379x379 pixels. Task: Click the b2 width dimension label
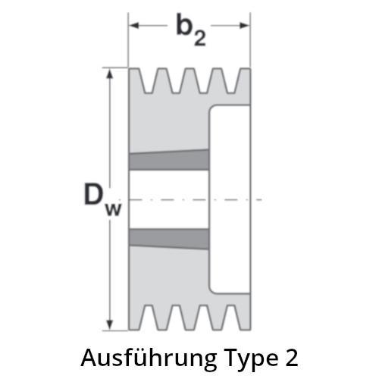coord(191,30)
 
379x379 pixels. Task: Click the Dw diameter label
coord(103,199)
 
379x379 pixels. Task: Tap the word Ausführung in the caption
coord(149,359)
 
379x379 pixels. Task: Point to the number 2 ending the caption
coord(292,358)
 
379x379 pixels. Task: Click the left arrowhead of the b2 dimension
coord(134,25)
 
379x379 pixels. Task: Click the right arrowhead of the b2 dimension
coord(244,25)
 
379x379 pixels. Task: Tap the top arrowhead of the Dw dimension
coord(109,74)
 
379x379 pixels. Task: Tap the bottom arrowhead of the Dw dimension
coord(109,325)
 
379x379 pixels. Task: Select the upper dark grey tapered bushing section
coord(169,160)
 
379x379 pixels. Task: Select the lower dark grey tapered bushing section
coord(169,239)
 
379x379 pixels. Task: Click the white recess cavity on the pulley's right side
coord(230,199)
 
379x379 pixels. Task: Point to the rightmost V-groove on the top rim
coord(231,81)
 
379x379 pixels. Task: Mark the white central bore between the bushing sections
coord(169,199)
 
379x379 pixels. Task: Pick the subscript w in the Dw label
coord(114,209)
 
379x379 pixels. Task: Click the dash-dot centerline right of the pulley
coord(257,199)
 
